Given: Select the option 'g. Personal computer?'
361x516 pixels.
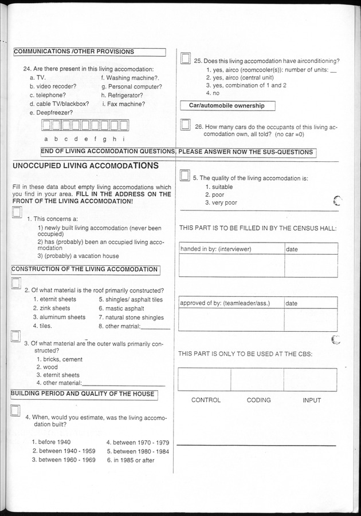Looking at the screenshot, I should [x=131, y=86].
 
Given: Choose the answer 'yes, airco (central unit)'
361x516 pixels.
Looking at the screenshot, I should [x=240, y=77].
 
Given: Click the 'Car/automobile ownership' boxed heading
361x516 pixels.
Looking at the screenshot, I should [x=226, y=106].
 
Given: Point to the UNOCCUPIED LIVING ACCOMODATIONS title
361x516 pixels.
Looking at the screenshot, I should [x=85, y=166].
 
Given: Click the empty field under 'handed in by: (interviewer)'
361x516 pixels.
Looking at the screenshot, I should [x=231, y=265].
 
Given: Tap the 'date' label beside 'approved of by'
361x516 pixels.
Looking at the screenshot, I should [x=291, y=303].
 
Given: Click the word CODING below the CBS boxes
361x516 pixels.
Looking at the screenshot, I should [x=258, y=400].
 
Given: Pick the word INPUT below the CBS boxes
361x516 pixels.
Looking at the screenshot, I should [x=312, y=400].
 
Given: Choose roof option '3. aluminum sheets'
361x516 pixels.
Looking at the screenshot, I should [x=59, y=317].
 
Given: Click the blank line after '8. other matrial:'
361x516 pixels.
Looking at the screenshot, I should [x=155, y=328].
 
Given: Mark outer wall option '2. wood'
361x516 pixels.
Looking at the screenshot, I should [x=47, y=367].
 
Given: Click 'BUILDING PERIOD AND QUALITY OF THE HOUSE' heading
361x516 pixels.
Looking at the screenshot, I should [x=84, y=394].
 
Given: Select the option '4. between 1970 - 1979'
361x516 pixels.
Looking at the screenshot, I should [x=138, y=442].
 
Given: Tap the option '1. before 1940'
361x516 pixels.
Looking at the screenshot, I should [x=51, y=442].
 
